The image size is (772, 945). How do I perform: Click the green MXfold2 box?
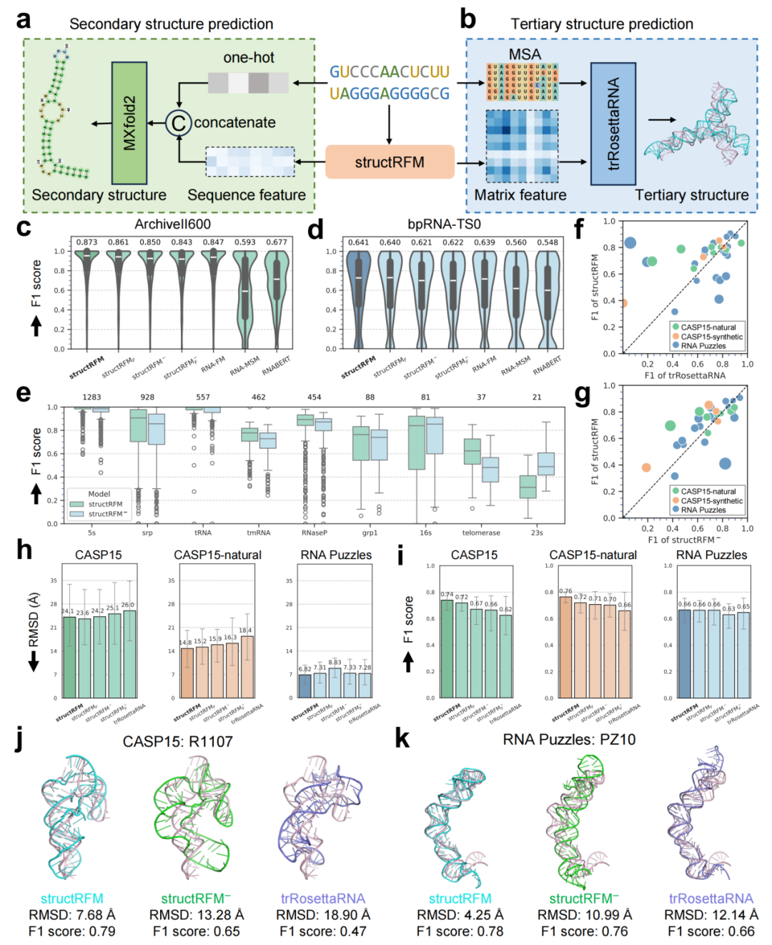pyautogui.click(x=129, y=123)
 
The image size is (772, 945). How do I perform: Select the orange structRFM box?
pyautogui.click(x=390, y=162)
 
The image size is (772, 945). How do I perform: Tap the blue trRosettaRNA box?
pyautogui.click(x=613, y=123)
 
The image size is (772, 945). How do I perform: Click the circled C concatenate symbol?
pyautogui.click(x=178, y=123)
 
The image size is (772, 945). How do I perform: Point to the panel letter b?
pyautogui.click(x=467, y=20)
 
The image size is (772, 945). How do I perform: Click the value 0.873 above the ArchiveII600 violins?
pyautogui.click(x=87, y=242)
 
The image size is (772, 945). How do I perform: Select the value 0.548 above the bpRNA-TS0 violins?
pyautogui.click(x=548, y=242)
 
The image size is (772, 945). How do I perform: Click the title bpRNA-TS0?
pyautogui.click(x=444, y=224)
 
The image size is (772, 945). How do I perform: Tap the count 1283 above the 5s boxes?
pyautogui.click(x=91, y=397)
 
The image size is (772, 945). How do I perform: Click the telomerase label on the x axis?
pyautogui.click(x=481, y=533)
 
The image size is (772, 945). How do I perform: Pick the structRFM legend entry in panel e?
pyautogui.click(x=104, y=504)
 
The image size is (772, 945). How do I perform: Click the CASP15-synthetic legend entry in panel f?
pyautogui.click(x=711, y=337)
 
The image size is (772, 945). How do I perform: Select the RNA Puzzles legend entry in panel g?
pyautogui.click(x=703, y=510)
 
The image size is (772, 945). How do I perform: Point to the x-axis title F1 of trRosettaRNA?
pyautogui.click(x=684, y=375)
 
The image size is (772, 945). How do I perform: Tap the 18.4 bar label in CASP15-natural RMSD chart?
pyautogui.click(x=246, y=630)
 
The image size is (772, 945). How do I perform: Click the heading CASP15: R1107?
pyautogui.click(x=177, y=741)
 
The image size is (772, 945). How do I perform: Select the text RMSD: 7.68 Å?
pyautogui.click(x=71, y=915)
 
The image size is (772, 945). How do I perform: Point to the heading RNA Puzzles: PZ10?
pyautogui.click(x=569, y=739)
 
